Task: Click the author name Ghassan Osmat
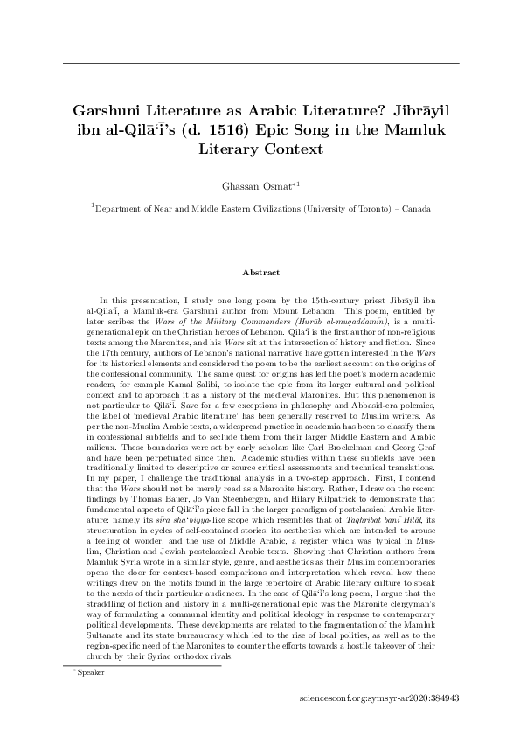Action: [x=256, y=185]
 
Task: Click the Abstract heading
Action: [x=260, y=273]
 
